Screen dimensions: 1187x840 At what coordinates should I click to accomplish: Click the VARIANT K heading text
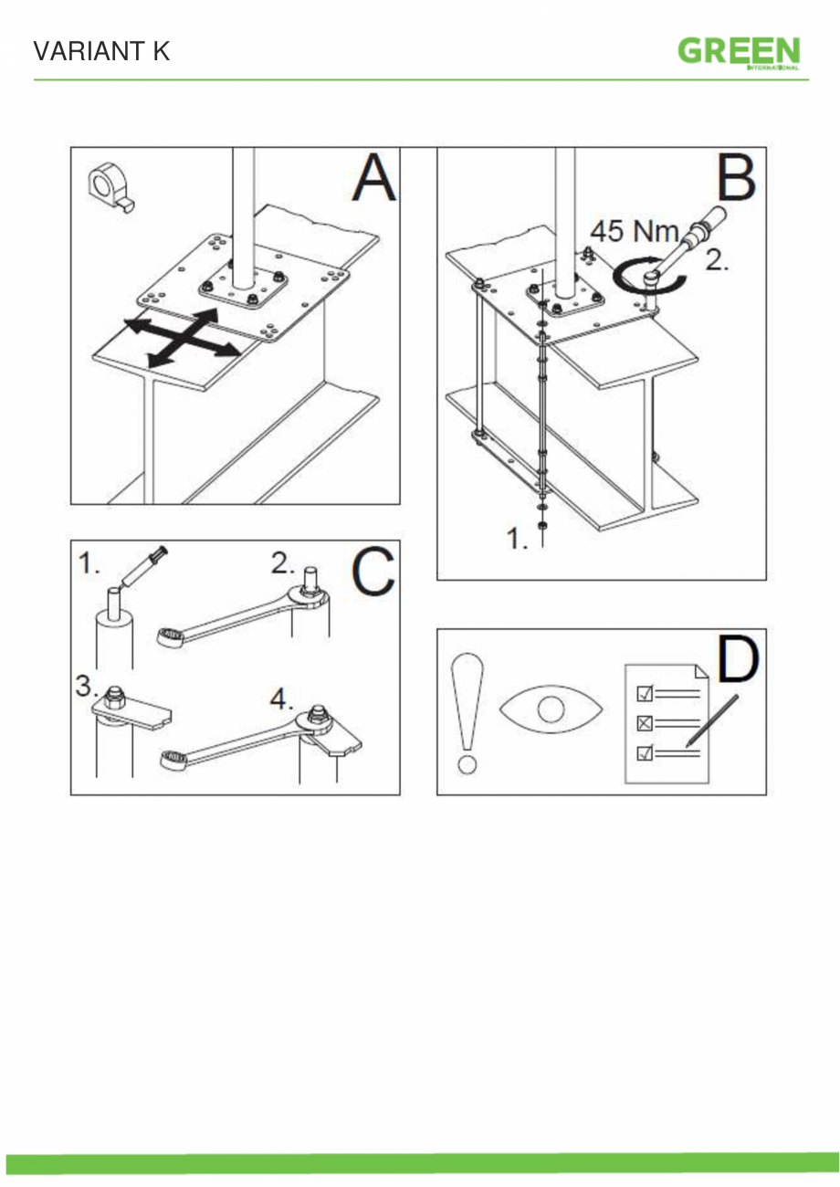click(x=101, y=51)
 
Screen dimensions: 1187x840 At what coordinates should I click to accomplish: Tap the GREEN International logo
click(x=739, y=52)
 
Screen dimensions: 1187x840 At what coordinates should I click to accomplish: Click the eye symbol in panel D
click(x=551, y=710)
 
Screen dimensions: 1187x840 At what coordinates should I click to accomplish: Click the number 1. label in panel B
click(x=517, y=540)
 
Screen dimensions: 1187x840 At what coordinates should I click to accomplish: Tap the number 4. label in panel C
click(x=281, y=699)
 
